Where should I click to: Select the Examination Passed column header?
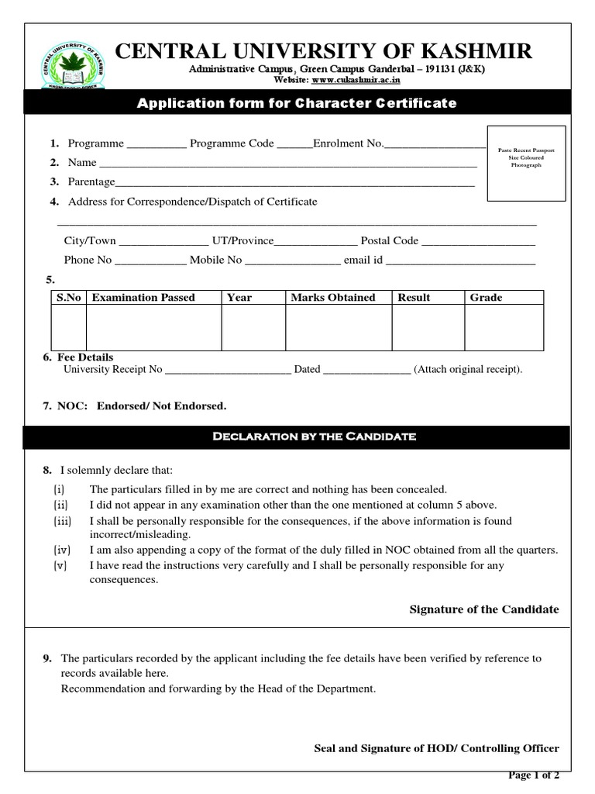pos(143,298)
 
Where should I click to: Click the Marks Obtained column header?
pos(333,298)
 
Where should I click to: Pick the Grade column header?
pos(486,298)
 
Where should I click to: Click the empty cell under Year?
pos(253,327)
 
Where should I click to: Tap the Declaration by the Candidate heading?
pos(315,437)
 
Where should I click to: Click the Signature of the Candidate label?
pos(483,609)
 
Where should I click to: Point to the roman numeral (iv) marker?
pos(61,550)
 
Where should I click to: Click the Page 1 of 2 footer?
pos(533,775)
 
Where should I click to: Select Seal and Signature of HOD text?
pos(436,748)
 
